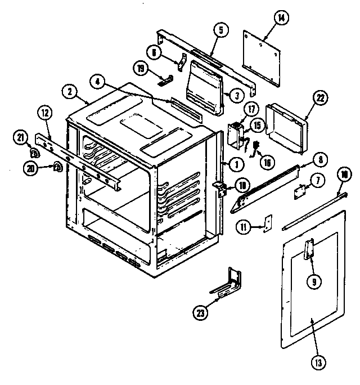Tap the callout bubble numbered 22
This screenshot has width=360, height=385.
pyautogui.click(x=319, y=97)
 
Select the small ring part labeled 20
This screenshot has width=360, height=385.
pyautogui.click(x=57, y=165)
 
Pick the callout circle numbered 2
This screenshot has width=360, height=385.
pyautogui.click(x=69, y=92)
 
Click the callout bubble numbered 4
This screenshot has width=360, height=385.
pyautogui.click(x=98, y=82)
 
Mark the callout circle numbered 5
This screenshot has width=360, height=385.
pyautogui.click(x=221, y=29)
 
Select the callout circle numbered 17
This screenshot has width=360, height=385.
pyautogui.click(x=251, y=110)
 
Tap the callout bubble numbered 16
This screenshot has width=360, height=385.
pyautogui.click(x=266, y=163)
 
